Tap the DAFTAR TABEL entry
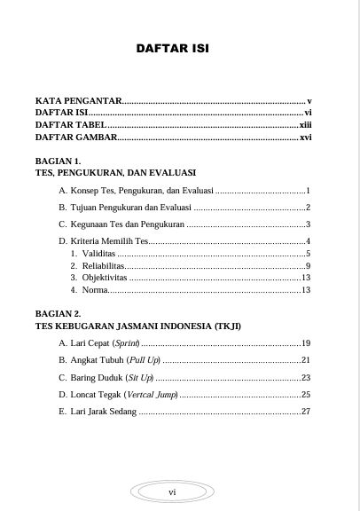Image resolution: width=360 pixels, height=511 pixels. point(70,125)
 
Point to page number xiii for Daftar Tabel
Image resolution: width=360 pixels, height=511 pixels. point(304,125)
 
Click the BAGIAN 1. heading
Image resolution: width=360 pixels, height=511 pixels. point(59,161)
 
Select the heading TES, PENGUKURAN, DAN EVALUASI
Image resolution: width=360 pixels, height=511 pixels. point(115,172)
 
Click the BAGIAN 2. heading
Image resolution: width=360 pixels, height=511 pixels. point(59,314)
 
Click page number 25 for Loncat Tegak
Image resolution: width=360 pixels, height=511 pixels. point(305,394)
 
